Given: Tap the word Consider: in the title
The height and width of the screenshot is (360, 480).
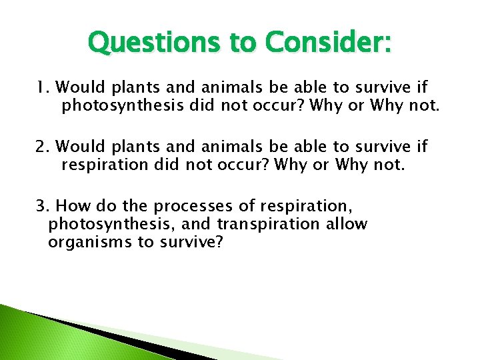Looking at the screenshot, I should [x=328, y=43].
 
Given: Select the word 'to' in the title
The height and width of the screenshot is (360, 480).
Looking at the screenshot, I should [x=243, y=43].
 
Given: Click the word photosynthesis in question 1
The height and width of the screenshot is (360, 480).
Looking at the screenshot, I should [x=127, y=105].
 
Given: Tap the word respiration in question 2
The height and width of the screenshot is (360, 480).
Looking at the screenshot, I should [x=100, y=164].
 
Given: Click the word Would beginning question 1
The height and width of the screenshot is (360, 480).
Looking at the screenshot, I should [x=79, y=87].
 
